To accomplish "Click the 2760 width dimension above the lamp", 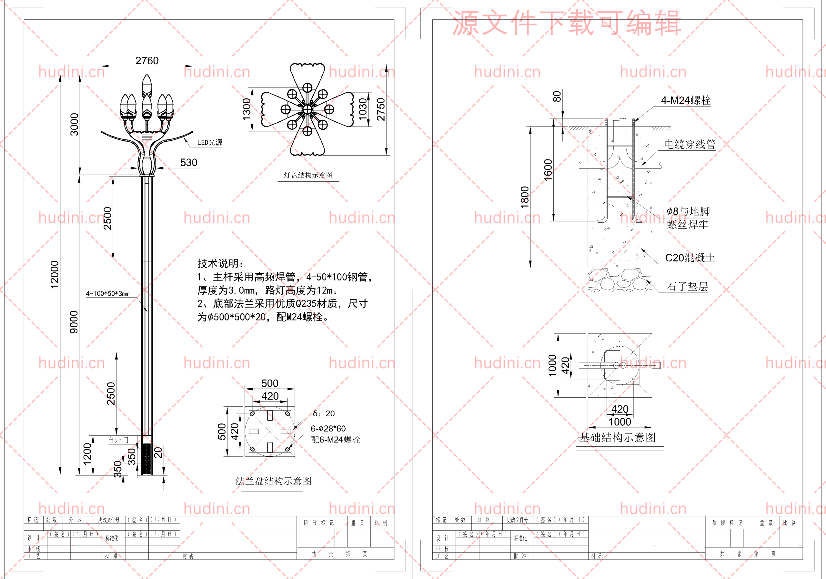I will [x=147, y=60].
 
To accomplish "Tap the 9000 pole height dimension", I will [x=74, y=322].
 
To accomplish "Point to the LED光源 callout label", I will [x=210, y=143].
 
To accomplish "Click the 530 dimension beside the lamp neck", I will [x=188, y=163].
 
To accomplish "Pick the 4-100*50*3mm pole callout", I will [x=107, y=293].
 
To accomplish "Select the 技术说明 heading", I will [x=220, y=263].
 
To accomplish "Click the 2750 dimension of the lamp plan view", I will [x=381, y=109].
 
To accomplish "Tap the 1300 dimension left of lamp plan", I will [x=247, y=109].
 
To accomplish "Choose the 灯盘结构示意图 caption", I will [x=308, y=175].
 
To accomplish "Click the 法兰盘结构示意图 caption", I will [x=273, y=481].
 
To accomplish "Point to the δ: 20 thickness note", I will [x=324, y=413].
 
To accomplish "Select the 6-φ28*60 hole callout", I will [x=328, y=428].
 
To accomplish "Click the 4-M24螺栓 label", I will [x=686, y=100].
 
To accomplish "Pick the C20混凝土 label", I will [x=690, y=258].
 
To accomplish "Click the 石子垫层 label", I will [x=687, y=287].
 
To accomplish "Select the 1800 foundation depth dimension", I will [x=525, y=197].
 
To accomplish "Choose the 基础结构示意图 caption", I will [x=617, y=437].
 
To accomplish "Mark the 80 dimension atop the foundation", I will [x=557, y=96].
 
